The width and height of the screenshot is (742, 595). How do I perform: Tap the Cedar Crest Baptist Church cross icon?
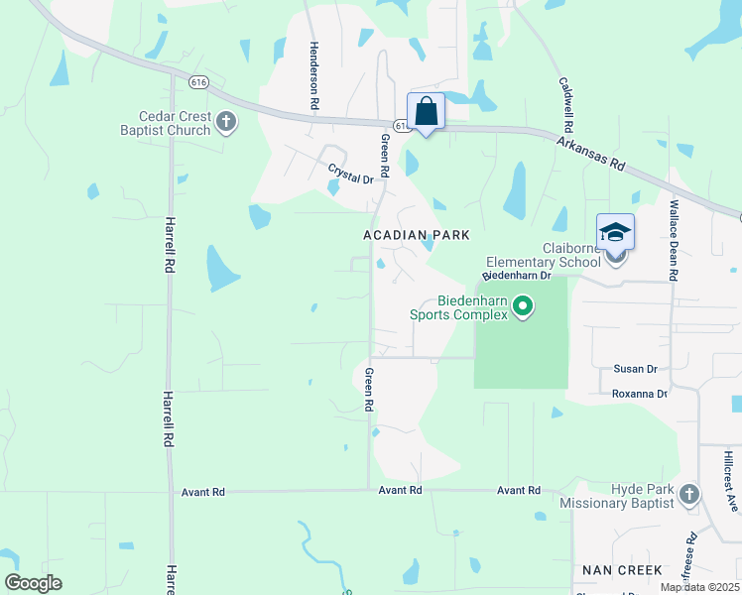click(x=226, y=123)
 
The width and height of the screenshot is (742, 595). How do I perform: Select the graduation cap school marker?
click(x=615, y=232)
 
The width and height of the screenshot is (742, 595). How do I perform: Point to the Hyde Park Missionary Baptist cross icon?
click(x=689, y=492)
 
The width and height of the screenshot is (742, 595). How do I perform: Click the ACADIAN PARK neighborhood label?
click(x=415, y=234)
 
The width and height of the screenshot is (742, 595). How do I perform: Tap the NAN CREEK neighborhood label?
click(x=622, y=570)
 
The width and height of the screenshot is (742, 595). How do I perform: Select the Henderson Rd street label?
click(x=313, y=74)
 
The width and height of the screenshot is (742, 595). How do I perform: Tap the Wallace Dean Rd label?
click(x=674, y=241)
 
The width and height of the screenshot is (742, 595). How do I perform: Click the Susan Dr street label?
click(x=636, y=369)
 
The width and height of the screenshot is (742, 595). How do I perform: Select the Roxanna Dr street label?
click(x=640, y=394)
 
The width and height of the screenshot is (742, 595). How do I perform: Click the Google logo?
click(x=34, y=583)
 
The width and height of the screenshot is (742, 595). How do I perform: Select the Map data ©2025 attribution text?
click(x=698, y=587)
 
